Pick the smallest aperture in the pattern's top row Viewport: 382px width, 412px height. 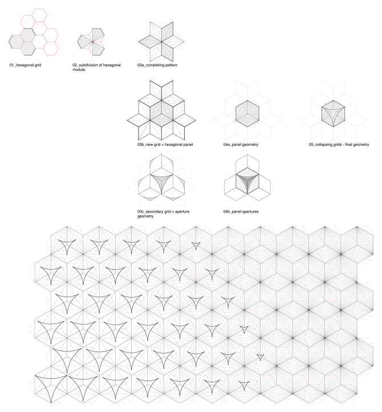coord(196,246)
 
